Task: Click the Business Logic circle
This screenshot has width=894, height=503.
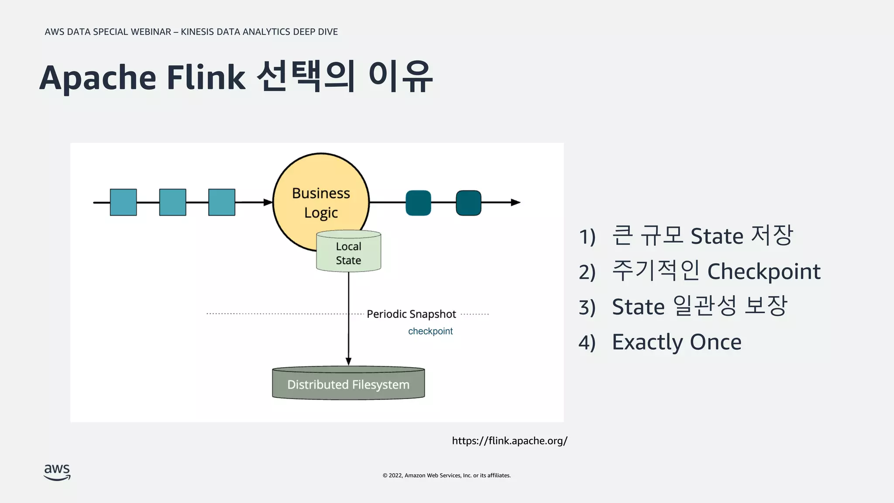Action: coord(321,192)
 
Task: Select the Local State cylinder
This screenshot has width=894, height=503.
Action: coord(348,253)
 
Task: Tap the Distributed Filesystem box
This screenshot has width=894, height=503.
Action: coord(348,384)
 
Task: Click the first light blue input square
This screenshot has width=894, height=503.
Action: coord(123,202)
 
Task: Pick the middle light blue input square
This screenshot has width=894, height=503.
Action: coord(172,202)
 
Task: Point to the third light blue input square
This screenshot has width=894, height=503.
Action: coord(222,202)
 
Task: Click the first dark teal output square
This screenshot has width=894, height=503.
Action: coord(418,203)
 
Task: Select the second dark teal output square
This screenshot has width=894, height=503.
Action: coord(468,203)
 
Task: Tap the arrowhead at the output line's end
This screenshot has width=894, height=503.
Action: coord(516,203)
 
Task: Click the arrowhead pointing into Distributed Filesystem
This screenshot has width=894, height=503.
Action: coord(348,361)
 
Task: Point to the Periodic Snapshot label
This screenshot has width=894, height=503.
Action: coord(411,314)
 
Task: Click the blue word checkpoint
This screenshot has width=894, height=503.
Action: coord(430,331)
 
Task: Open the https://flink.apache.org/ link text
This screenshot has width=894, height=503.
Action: coord(509,441)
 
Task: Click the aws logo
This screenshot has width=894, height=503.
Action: coord(57,472)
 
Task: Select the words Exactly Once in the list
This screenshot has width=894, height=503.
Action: coord(676,342)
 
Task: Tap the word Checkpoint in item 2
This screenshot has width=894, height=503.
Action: coord(763,271)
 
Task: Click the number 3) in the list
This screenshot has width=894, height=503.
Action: coord(587,307)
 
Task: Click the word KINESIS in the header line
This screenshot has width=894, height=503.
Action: coord(197,32)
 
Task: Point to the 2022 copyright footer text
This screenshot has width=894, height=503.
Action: coord(447,475)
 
